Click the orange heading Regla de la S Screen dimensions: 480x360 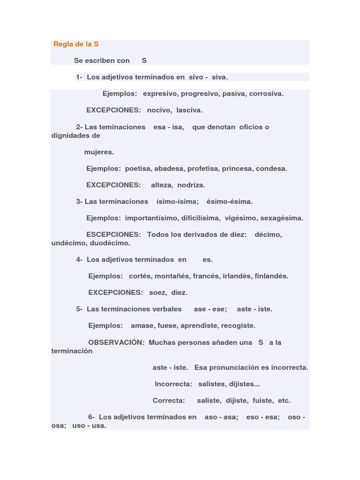coord(76,44)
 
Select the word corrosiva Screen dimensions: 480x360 coord(266,94)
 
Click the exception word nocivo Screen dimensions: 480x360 coord(159,110)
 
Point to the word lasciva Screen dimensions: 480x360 coord(189,110)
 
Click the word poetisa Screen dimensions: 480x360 coord(137,169)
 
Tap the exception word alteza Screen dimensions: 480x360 coord(162,185)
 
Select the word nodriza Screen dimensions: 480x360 coord(191,185)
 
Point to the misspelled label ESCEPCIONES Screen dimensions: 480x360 coord(113,234)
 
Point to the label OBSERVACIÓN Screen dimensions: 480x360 coord(116,343)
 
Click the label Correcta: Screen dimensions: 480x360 coord(169,401)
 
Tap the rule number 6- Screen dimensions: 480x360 coord(91,417)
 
